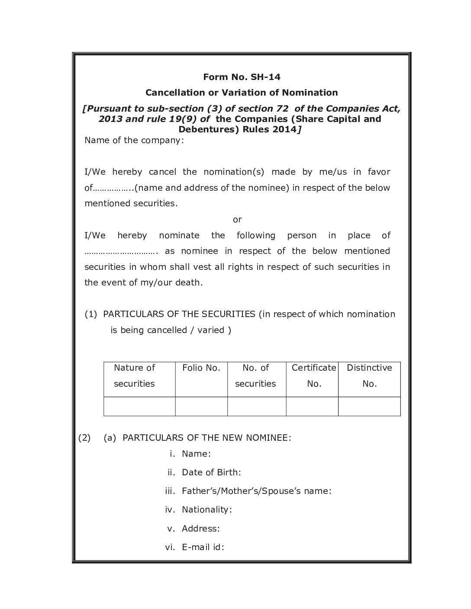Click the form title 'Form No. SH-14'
coord(242,77)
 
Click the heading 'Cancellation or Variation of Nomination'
coord(242,93)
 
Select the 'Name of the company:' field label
coord(134,140)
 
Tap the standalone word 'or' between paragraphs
coord(237,219)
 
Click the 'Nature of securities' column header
coord(134,375)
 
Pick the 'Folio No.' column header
coord(201,368)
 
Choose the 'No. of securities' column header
coord(255,375)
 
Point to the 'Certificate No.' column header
coord(313,375)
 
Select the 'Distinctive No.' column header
coord(369,375)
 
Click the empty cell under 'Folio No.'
coord(201,407)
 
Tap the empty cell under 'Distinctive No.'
coord(369,407)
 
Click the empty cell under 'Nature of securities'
coord(139,407)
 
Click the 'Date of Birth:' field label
coord(211,472)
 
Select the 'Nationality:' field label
coord(207,510)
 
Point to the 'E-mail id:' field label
coord(203,547)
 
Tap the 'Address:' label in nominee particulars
coord(201,529)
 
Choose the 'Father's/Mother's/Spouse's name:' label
coord(257,491)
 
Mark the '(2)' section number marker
coord(84,438)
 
